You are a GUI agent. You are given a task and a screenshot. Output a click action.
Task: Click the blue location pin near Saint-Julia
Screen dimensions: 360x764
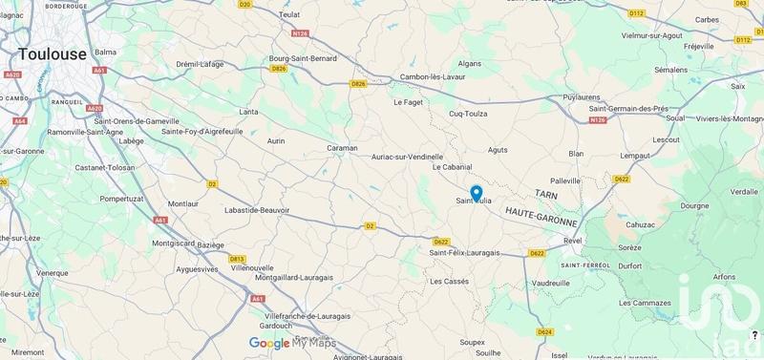(476, 193)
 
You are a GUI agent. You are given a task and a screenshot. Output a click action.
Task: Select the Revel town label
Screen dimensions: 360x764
(572, 241)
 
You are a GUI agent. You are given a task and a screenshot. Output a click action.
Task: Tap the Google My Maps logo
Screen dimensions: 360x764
(292, 343)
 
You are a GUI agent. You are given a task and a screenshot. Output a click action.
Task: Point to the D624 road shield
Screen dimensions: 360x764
(544, 331)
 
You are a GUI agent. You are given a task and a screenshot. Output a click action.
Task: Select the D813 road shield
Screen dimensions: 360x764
(237, 258)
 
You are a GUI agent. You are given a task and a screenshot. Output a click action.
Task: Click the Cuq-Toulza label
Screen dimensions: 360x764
(469, 113)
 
